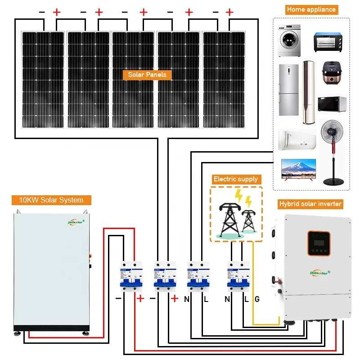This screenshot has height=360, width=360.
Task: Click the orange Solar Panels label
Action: [147, 75]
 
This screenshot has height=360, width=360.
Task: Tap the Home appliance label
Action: [311, 9]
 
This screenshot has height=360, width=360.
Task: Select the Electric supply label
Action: [236, 179]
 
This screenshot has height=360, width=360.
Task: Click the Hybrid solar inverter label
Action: [310, 204]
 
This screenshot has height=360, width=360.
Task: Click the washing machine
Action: [288, 40]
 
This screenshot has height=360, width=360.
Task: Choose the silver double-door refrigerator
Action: [288, 90]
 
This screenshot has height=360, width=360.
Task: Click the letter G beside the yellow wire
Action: [257, 299]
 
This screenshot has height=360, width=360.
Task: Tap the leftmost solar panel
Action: [43, 79]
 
